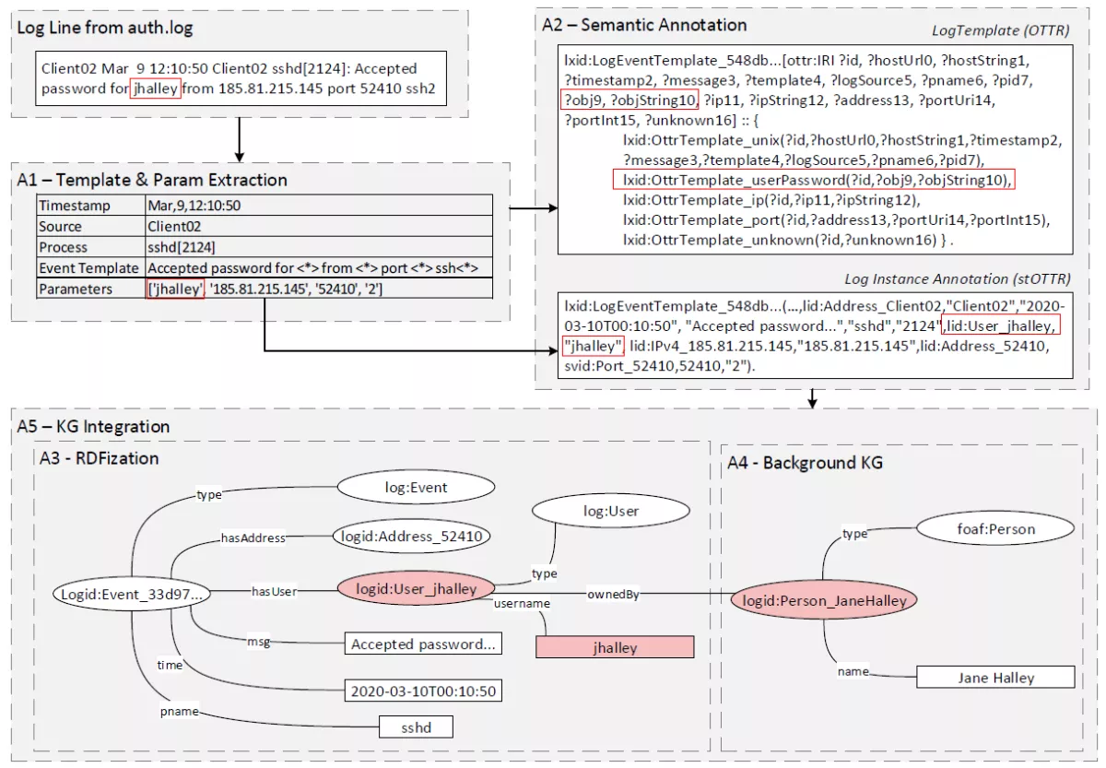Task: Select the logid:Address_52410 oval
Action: [411, 535]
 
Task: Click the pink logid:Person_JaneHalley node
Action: [825, 600]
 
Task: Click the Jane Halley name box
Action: [995, 678]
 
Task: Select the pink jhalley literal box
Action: [615, 647]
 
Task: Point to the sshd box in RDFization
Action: [418, 727]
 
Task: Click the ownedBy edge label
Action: [612, 595]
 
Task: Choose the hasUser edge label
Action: [274, 591]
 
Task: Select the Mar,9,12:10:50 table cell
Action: [194, 206]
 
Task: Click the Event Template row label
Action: [88, 268]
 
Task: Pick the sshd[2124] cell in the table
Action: [182, 247]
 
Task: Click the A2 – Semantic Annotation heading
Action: [644, 25]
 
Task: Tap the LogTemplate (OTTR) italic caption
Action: [1000, 31]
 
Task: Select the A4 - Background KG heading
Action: [804, 463]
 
